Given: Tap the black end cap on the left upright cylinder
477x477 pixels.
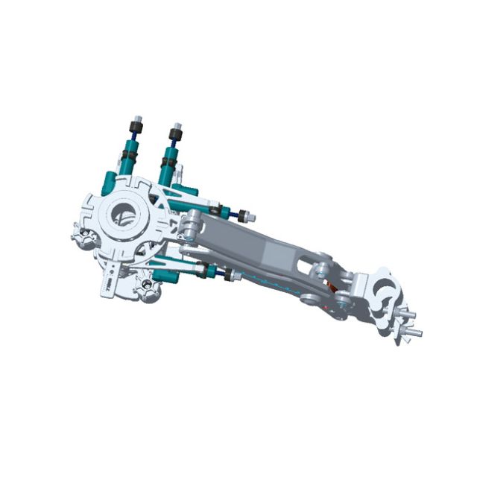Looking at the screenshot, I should click(x=137, y=124).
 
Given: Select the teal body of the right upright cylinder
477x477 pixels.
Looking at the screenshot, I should click(x=168, y=164).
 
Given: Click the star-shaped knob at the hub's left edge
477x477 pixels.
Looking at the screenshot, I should click(x=83, y=239).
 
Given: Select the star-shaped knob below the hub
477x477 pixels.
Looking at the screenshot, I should click(x=145, y=286).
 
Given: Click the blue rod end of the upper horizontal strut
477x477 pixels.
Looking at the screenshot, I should click(x=245, y=217).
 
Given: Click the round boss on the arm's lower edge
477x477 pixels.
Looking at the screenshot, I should click(x=306, y=300).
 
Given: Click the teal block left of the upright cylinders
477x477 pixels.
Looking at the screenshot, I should click(x=109, y=183).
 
